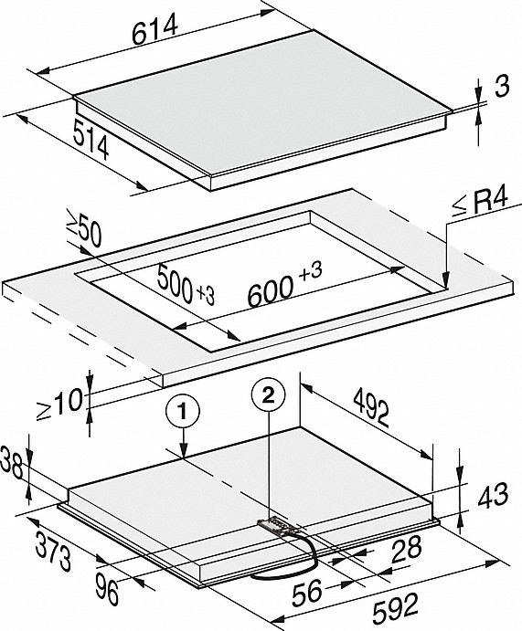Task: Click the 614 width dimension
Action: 155,29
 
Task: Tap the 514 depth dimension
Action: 91,139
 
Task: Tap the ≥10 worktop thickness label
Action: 59,404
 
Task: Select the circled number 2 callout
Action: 268,396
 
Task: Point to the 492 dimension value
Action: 371,409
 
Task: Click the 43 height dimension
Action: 493,495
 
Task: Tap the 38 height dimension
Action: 12,464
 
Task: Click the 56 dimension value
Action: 307,593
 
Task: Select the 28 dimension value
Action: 407,549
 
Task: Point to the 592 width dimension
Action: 396,608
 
